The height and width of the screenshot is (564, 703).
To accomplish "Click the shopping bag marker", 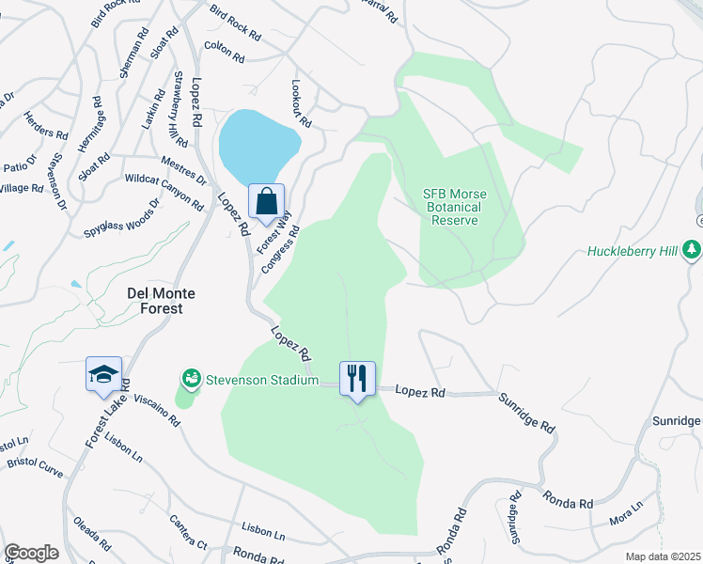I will tap(267, 201).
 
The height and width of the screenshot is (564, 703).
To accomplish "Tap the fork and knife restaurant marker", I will tap(357, 379).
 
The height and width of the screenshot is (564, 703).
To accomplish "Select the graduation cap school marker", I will tap(102, 375).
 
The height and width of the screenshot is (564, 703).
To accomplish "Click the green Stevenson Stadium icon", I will tap(191, 378).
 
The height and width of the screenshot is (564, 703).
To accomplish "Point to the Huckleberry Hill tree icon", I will tap(692, 250).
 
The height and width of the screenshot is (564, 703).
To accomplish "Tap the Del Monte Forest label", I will tap(161, 300).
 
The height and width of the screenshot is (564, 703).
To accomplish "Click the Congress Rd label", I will tap(281, 251).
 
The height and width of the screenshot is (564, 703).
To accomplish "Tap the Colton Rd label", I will tap(224, 52).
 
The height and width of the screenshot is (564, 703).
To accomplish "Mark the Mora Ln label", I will tap(626, 511).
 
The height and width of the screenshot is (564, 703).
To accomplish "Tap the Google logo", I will tap(31, 552).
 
